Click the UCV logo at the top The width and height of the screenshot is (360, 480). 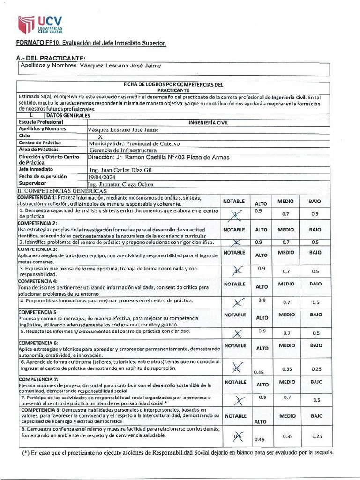(39, 25)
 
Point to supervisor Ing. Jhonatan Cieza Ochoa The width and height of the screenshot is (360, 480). (120, 185)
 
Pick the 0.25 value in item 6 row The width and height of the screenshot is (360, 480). (316, 369)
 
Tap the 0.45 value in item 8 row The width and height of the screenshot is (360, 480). (258, 439)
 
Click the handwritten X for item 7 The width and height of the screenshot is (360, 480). (240, 400)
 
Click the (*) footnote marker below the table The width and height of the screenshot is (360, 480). (27, 453)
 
